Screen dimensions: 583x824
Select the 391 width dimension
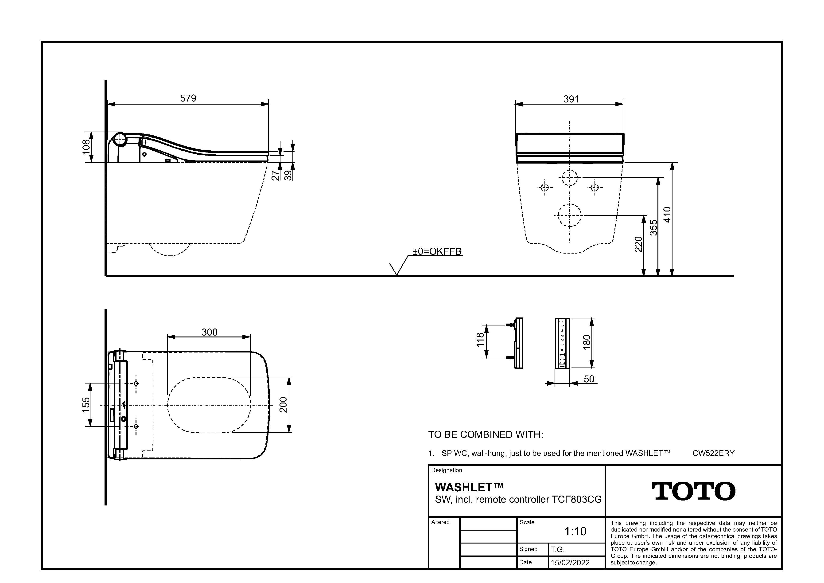point(571,99)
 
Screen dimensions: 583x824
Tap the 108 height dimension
point(86,147)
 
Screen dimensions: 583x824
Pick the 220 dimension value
point(638,244)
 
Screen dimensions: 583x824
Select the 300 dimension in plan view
point(209,332)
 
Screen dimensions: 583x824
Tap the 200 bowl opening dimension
point(283,405)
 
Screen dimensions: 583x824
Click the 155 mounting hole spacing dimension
point(86,405)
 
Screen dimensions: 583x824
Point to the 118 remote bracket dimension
point(480,340)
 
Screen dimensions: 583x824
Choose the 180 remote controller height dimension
point(587,342)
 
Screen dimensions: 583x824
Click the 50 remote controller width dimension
point(589,379)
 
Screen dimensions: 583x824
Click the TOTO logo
point(693,491)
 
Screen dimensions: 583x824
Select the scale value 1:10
point(575,531)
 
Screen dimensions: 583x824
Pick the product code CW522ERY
point(713,453)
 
